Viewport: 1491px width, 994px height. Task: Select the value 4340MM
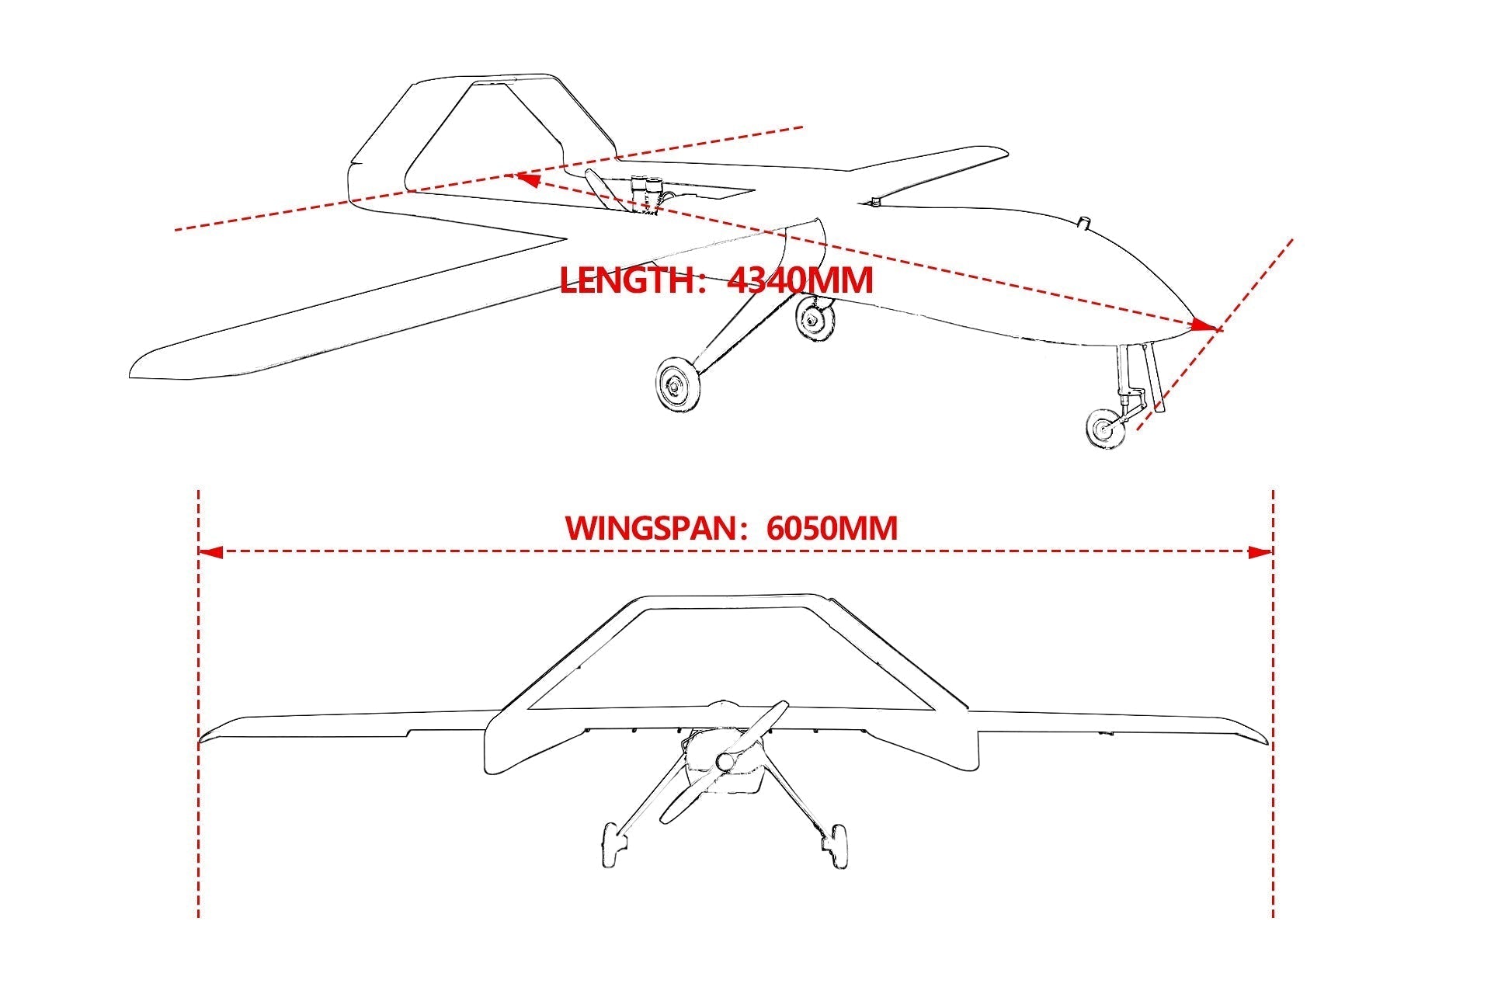(x=800, y=280)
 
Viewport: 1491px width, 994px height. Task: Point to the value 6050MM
(x=832, y=528)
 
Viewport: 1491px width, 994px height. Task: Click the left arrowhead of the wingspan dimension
(x=210, y=552)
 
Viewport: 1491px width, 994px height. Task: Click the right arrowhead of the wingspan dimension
(x=1260, y=552)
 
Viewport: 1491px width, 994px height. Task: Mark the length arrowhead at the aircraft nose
(x=1204, y=325)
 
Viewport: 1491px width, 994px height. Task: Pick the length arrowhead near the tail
(x=529, y=179)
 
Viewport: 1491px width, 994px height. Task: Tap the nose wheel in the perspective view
(x=1105, y=429)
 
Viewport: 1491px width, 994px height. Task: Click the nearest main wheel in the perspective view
(x=677, y=384)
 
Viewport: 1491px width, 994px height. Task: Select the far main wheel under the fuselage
(x=816, y=318)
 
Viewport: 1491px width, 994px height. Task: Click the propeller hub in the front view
(x=727, y=762)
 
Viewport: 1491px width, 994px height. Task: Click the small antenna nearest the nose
(x=1085, y=224)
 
